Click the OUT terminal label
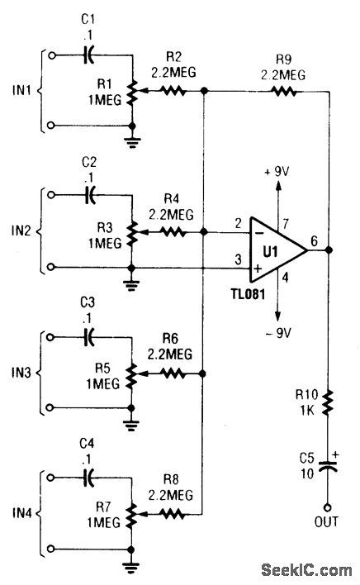pos(328,522)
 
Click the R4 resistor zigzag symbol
pos(173,234)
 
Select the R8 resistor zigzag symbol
pos(173,513)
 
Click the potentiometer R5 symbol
pos(131,373)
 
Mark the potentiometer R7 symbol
pos(131,513)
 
